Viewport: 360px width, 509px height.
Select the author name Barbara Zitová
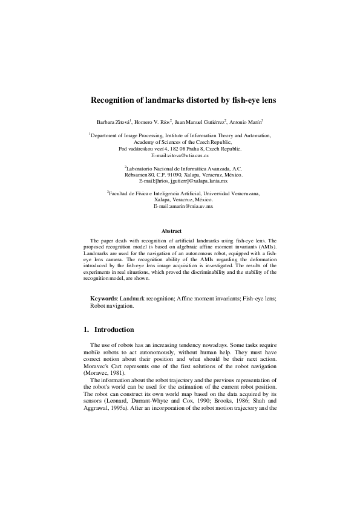click(113, 122)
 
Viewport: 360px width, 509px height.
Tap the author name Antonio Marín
click(247, 122)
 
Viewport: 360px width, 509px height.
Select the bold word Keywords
click(104, 299)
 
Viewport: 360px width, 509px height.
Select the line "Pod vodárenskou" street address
click(180, 149)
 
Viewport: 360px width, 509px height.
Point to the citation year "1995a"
click(122, 408)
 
